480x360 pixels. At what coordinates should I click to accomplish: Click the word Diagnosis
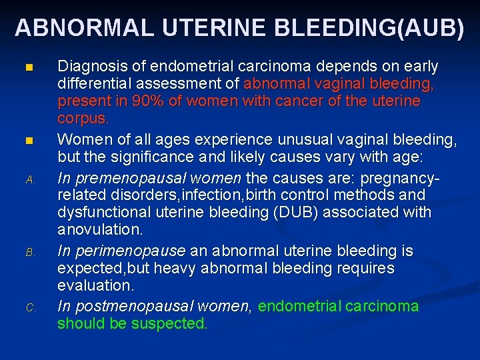point(89,67)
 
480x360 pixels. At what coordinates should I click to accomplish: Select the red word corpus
point(83,119)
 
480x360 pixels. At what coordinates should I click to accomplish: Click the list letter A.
point(29,179)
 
